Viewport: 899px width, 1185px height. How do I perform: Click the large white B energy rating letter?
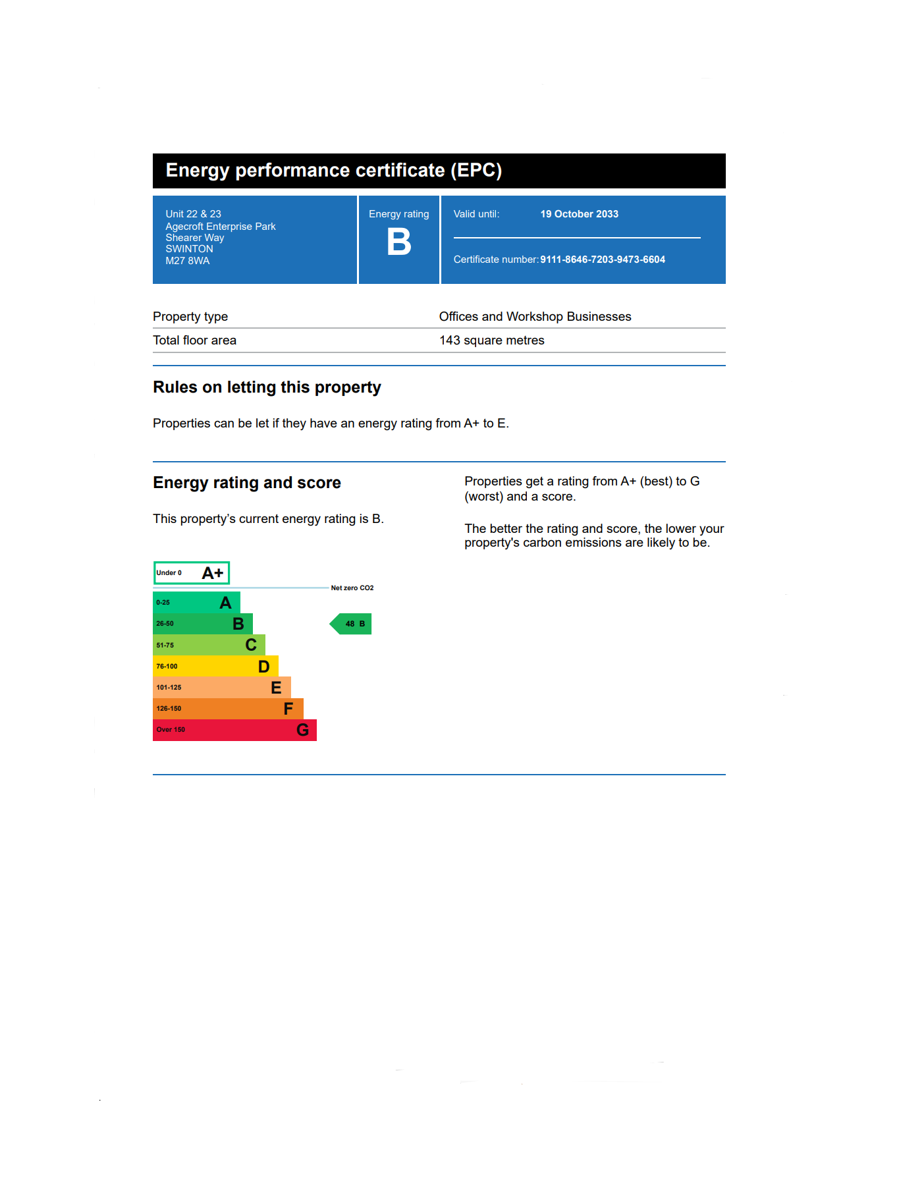coord(399,242)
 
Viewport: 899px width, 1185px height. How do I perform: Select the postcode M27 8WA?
coord(188,261)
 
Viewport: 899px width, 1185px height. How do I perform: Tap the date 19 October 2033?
coord(579,214)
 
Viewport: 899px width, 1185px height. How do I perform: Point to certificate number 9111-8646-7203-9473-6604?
coord(602,260)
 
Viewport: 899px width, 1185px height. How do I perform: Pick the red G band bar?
coord(234,730)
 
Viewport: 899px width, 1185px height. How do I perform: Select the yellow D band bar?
coord(215,666)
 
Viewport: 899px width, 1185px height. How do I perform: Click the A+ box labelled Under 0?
coord(191,573)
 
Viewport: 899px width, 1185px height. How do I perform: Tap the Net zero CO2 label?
coord(352,588)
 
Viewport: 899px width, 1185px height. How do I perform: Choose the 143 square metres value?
coord(491,341)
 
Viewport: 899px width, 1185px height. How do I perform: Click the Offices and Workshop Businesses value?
coord(535,317)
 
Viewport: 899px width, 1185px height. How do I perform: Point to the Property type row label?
coord(190,317)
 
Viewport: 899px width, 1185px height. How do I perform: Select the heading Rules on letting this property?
coord(267,387)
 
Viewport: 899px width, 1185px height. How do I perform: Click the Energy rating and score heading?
coord(247,483)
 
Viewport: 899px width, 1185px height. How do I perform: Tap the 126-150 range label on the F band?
coord(169,709)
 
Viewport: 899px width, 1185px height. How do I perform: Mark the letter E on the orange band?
coord(276,688)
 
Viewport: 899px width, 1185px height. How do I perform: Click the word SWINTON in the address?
coord(189,249)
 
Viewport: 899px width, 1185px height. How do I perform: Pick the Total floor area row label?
coord(194,341)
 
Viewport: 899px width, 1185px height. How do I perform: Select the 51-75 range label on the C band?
coord(165,646)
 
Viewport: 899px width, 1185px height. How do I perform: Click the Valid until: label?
coord(476,214)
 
